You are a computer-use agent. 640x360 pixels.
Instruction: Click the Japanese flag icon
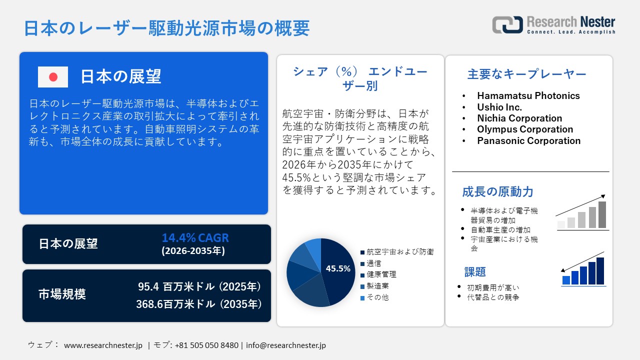pyautogui.click(x=53, y=76)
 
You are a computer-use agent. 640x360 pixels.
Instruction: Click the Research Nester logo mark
pyautogui.click(x=507, y=25)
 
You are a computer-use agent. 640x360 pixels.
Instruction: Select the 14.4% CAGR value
pyautogui.click(x=195, y=238)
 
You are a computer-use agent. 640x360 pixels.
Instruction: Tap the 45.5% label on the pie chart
pyautogui.click(x=338, y=268)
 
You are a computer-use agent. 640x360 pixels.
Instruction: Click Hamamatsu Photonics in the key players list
pyautogui.click(x=528, y=95)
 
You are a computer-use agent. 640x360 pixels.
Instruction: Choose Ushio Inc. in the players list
pyautogui.click(x=499, y=107)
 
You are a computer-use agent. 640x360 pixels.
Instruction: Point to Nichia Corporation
pyautogui.click(x=519, y=118)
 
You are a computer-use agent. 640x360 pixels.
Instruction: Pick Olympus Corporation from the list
pyautogui.click(x=525, y=129)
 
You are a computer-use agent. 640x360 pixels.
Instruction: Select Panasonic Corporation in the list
pyautogui.click(x=528, y=140)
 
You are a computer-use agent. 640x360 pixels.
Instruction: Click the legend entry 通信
pyautogui.click(x=374, y=263)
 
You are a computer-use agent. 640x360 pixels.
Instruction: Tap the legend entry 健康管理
pyautogui.click(x=381, y=274)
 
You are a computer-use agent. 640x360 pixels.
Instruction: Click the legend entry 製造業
pyautogui.click(x=377, y=286)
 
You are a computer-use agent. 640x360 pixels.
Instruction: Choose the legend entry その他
pyautogui.click(x=377, y=297)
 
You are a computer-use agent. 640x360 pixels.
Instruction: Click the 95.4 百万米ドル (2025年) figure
pyautogui.click(x=199, y=287)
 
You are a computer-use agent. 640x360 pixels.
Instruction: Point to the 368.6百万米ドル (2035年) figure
pyautogui.click(x=199, y=304)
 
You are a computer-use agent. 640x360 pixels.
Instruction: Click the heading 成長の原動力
pyautogui.click(x=497, y=191)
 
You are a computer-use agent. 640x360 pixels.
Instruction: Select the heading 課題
pyautogui.click(x=475, y=272)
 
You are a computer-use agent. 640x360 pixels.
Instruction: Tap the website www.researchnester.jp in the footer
pyautogui.click(x=103, y=345)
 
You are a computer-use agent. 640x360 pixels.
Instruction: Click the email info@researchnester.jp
pyautogui.click(x=286, y=345)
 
